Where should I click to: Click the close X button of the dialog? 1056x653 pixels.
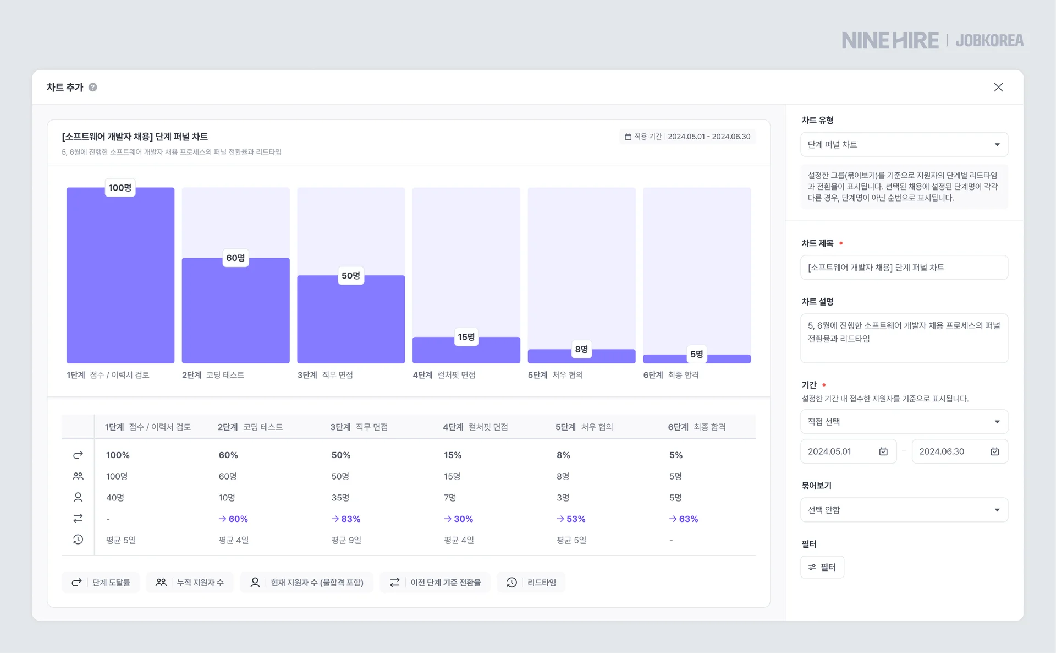(x=998, y=87)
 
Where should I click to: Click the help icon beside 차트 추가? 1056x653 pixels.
(x=93, y=87)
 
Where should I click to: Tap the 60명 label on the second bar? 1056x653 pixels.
(x=235, y=258)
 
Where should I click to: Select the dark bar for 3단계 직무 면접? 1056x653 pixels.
(x=351, y=325)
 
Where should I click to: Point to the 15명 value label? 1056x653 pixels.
(x=466, y=337)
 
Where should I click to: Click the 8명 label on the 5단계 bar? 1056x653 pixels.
(x=581, y=349)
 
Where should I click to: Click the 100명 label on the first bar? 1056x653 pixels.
(x=120, y=188)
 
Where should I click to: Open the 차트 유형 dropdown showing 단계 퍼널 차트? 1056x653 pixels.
(x=904, y=144)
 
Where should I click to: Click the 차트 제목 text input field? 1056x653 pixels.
(x=904, y=268)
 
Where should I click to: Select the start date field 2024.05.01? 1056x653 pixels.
(x=842, y=451)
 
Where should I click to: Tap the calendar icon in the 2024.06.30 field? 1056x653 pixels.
(x=994, y=451)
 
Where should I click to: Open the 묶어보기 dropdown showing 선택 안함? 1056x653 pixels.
(x=904, y=510)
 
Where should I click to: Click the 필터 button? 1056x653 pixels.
(x=822, y=567)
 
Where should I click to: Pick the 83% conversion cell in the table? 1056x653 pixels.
(x=346, y=519)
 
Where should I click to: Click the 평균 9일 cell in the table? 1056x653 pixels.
(x=346, y=540)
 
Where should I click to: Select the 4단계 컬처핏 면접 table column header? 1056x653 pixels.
(x=475, y=427)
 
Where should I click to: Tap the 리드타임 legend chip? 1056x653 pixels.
(x=531, y=583)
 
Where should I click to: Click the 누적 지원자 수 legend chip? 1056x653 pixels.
(x=190, y=583)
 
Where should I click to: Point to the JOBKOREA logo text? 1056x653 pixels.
(x=989, y=41)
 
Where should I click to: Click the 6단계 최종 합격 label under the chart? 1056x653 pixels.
(x=671, y=375)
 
